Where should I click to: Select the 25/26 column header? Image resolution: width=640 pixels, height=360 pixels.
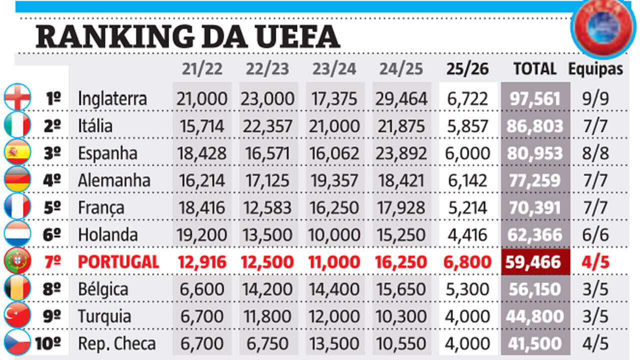[467, 69]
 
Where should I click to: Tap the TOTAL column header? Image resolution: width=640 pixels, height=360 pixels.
[534, 69]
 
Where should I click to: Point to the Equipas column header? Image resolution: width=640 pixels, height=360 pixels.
[595, 69]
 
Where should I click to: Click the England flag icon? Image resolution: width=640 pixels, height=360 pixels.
[17, 98]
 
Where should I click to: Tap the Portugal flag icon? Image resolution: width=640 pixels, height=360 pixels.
[17, 261]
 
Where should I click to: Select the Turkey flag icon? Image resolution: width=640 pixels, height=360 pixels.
[17, 316]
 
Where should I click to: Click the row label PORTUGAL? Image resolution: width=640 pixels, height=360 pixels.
[118, 262]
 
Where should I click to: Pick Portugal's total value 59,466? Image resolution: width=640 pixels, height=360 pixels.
[535, 262]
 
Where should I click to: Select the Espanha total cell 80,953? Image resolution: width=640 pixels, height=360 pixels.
[535, 153]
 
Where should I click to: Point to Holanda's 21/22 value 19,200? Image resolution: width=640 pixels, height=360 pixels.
[201, 235]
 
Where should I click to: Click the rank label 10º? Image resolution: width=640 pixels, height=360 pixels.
[48, 343]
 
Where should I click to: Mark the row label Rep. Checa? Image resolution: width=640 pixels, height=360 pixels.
[116, 343]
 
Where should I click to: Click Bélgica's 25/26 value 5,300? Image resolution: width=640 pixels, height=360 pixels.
[467, 289]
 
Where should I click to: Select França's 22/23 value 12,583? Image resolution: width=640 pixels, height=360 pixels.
[268, 207]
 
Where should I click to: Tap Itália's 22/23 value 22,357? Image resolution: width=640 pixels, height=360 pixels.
[268, 126]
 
